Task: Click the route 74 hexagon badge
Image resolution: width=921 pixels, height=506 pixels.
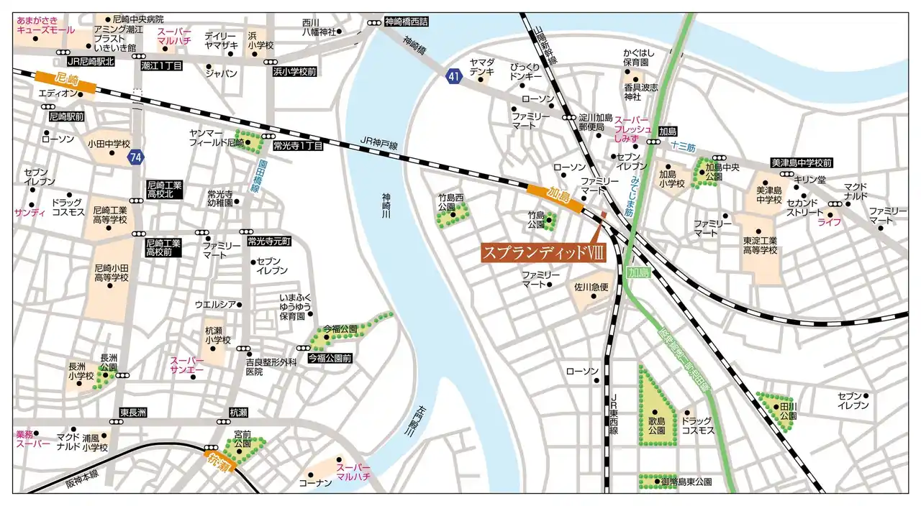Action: [135, 157]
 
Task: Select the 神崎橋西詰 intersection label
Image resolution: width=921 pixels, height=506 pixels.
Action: [406, 22]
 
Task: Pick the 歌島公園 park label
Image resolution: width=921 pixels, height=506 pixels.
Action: [655, 425]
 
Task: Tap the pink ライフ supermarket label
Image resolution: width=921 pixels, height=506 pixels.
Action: [829, 222]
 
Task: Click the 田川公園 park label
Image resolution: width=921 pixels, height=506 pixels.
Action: [789, 411]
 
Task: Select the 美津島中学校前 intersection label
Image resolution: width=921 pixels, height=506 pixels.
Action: [801, 163]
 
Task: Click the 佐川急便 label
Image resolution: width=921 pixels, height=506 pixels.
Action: [591, 287]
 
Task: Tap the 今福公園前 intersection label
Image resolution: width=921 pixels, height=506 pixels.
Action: [330, 357]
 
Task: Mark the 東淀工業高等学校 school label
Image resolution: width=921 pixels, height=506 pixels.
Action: [760, 245]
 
